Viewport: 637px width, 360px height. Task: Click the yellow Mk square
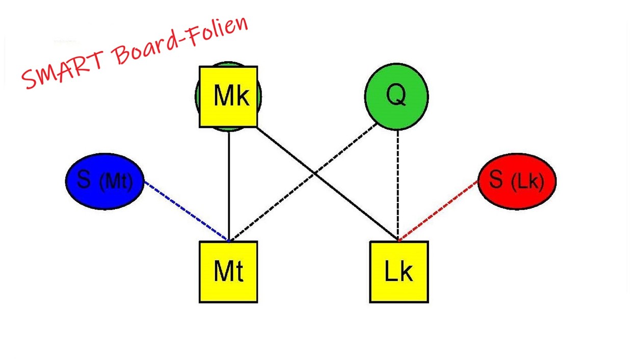click(x=228, y=96)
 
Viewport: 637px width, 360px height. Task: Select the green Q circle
click(x=396, y=96)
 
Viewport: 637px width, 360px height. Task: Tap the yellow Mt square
click(x=228, y=272)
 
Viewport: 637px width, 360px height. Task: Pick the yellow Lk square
click(x=399, y=272)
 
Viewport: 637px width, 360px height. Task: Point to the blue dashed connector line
click(x=186, y=211)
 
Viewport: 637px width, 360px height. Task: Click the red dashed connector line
click(x=438, y=210)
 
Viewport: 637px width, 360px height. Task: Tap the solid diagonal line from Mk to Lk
click(x=357, y=207)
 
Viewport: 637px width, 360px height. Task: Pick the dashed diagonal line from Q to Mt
click(x=275, y=204)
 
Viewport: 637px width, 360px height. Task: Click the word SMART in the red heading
click(x=64, y=66)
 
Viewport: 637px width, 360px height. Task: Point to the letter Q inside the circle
click(x=396, y=94)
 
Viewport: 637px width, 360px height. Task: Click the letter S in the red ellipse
click(x=495, y=179)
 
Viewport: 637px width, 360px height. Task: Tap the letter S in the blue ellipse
click(x=84, y=179)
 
